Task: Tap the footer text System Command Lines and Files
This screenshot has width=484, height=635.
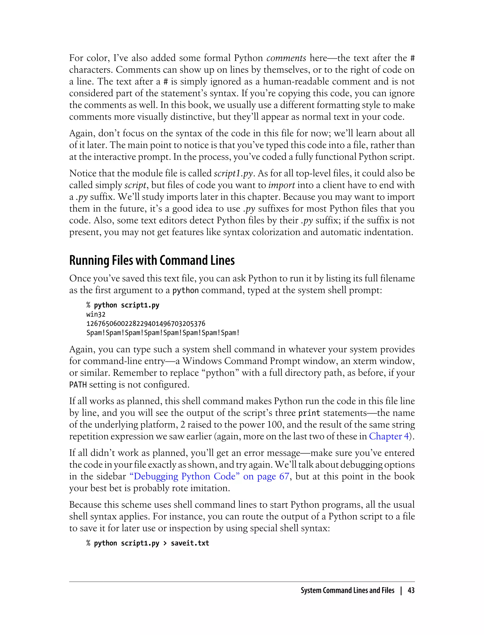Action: pos(347,591)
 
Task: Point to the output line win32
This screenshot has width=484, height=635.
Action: pos(96,314)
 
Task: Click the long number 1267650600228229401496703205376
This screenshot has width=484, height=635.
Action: pos(146,324)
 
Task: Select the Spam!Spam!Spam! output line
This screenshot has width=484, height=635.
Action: pos(163,333)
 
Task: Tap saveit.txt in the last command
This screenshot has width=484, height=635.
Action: pos(190,543)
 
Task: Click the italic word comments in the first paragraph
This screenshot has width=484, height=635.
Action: pos(286,58)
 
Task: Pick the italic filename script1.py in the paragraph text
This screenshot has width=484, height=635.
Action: pos(233,174)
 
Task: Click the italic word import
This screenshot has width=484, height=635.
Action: pos(281,185)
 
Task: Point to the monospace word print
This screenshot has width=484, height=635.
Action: pos(309,413)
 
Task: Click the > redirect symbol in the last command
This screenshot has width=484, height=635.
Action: pos(165,543)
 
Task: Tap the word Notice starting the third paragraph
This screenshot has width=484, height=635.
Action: pos(83,173)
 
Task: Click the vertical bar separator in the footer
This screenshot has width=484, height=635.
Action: pos(401,591)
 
